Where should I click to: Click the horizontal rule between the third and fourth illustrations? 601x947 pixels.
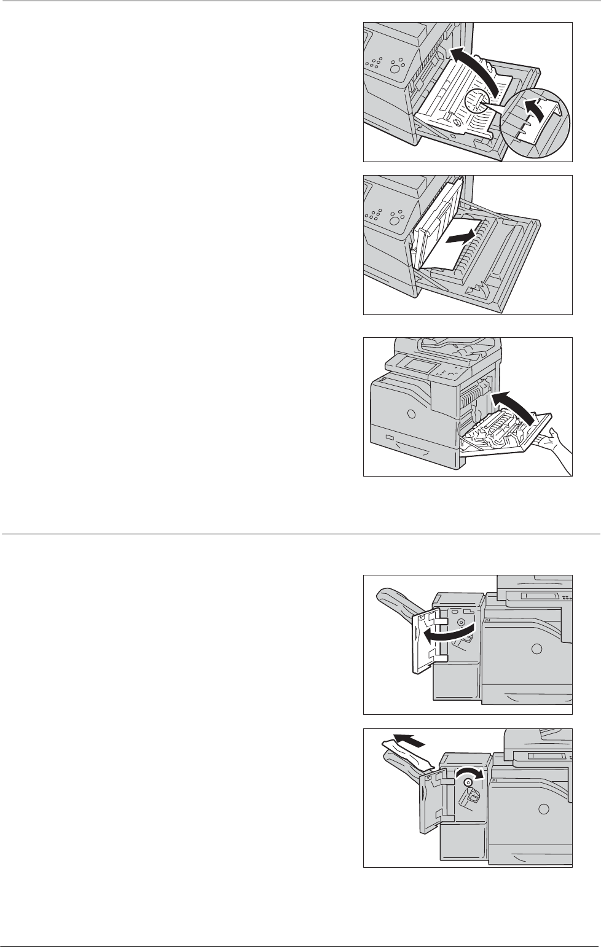tap(300, 534)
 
